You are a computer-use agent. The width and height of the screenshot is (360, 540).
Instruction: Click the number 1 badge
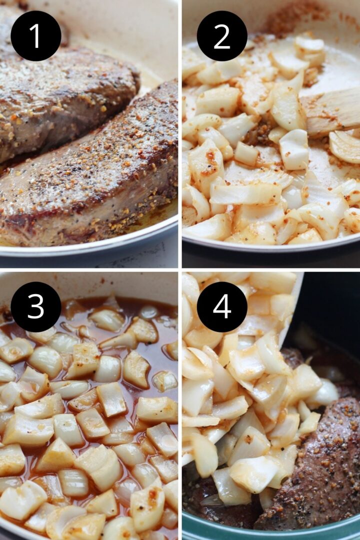(x=36, y=36)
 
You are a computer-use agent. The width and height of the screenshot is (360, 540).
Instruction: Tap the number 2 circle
(x=222, y=36)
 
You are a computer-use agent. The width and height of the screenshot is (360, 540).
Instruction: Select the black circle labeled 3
(x=36, y=307)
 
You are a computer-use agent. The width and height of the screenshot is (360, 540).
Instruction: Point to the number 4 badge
(x=222, y=307)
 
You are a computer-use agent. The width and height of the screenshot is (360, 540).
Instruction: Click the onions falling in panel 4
(x=241, y=396)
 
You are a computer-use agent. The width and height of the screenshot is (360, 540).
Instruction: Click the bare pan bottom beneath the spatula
(x=330, y=155)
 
